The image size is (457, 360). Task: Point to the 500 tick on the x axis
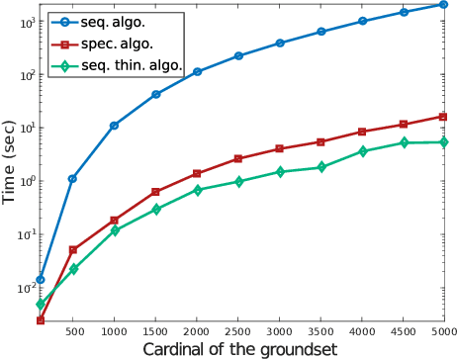[x=73, y=330]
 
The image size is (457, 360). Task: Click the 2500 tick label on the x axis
[x=238, y=330]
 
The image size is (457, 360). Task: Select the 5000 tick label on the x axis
[x=443, y=330]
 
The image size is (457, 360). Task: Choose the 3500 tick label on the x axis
[x=321, y=330]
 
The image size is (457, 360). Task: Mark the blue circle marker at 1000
[x=115, y=126]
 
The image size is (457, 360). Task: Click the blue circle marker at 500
[x=73, y=178]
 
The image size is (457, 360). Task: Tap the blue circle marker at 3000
[x=280, y=44]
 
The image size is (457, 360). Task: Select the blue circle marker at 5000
[x=444, y=5]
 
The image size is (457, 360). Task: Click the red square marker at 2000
[x=197, y=173]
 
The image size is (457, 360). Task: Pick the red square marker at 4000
[x=362, y=132]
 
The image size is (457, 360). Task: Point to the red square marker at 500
[x=73, y=250]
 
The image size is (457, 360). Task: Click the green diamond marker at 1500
[x=156, y=210]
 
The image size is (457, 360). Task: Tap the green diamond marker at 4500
[x=403, y=143]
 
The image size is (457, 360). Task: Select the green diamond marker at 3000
[x=280, y=172]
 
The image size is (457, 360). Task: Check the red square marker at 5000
[x=444, y=117]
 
